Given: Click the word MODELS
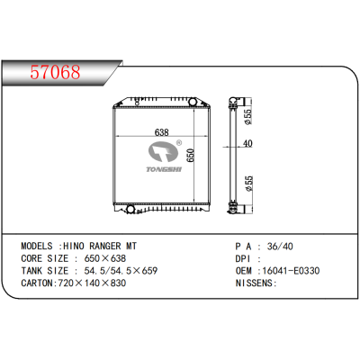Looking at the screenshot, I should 40,245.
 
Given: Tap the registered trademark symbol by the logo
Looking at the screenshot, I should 179,143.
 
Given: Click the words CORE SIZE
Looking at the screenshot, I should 42,256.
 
